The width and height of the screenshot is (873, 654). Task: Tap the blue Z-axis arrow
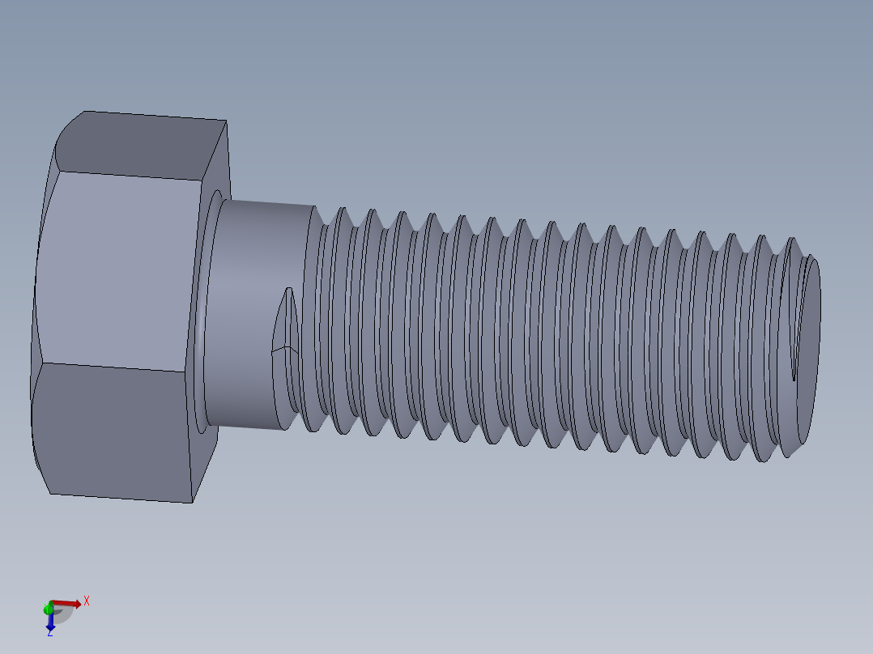click(x=50, y=622)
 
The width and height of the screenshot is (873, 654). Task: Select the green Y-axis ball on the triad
click(x=49, y=607)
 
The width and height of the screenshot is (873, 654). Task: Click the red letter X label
click(x=87, y=601)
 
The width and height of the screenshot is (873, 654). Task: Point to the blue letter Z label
click(x=49, y=633)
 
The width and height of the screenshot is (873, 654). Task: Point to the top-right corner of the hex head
click(x=226, y=121)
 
